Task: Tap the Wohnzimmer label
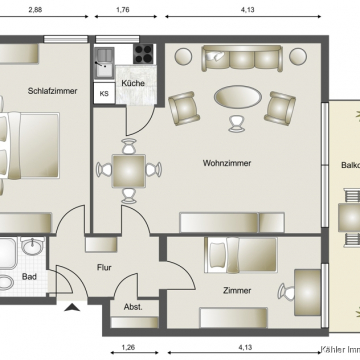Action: pyautogui.click(x=226, y=162)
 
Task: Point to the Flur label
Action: pyautogui.click(x=103, y=267)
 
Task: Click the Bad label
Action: pyautogui.click(x=30, y=277)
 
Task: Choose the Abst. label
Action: pyautogui.click(x=132, y=307)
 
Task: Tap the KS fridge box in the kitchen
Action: pyautogui.click(x=104, y=95)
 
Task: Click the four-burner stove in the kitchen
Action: pyautogui.click(x=142, y=54)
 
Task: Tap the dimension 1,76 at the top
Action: pyautogui.click(x=123, y=9)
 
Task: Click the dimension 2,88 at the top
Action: pyautogui.click(x=35, y=9)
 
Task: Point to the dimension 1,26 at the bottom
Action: pyautogui.click(x=128, y=348)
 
